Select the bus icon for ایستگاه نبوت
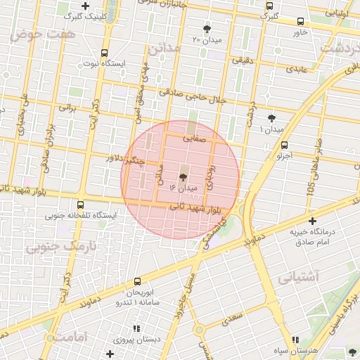[105, 53]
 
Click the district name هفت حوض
[33, 33]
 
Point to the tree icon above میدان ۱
[272, 119]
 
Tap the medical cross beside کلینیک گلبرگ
[86, 6]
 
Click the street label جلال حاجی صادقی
[192, 96]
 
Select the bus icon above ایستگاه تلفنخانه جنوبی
[82, 205]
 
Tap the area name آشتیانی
[298, 277]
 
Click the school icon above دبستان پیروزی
[137, 328]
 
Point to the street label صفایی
[196, 139]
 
